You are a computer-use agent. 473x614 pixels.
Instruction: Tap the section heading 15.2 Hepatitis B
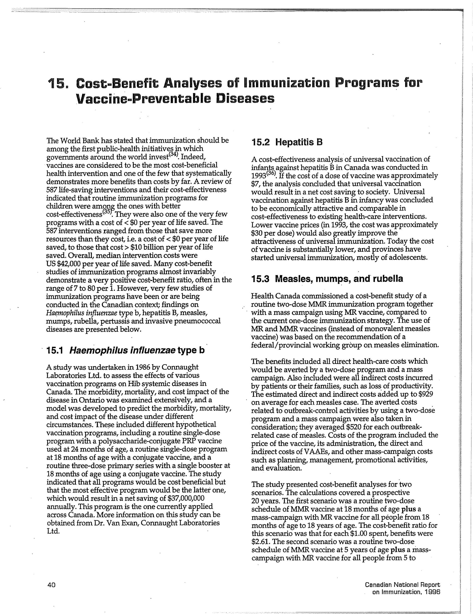pos(287,142)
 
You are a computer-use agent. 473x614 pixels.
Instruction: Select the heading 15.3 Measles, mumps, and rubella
pos(327,279)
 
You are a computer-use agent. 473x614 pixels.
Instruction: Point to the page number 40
pos(52,585)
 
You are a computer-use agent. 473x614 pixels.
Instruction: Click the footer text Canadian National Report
pos(402,584)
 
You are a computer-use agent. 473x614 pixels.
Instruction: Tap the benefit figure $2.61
pos(261,541)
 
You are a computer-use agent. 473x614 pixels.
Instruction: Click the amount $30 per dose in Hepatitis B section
pos(271,233)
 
